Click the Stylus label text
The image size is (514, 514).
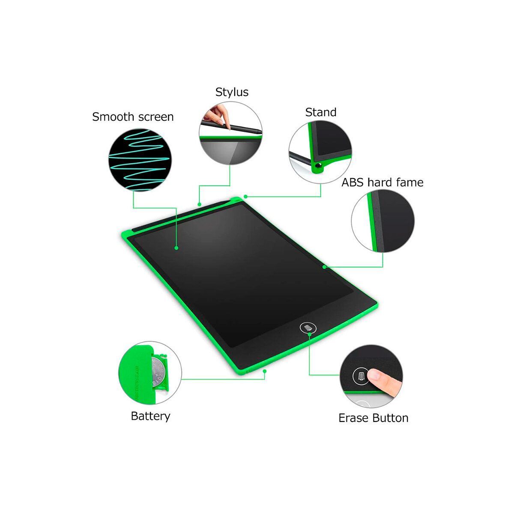[232, 92]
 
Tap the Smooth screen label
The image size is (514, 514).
[133, 117]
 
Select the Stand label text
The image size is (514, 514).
[321, 112]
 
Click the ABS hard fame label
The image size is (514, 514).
[382, 182]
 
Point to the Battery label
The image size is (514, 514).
[150, 416]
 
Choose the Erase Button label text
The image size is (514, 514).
[373, 418]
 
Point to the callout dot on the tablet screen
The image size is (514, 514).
[176, 248]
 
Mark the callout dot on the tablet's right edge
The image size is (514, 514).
[324, 267]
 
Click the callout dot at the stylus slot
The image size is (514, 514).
[199, 204]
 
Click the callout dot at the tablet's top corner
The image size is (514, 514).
[245, 197]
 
